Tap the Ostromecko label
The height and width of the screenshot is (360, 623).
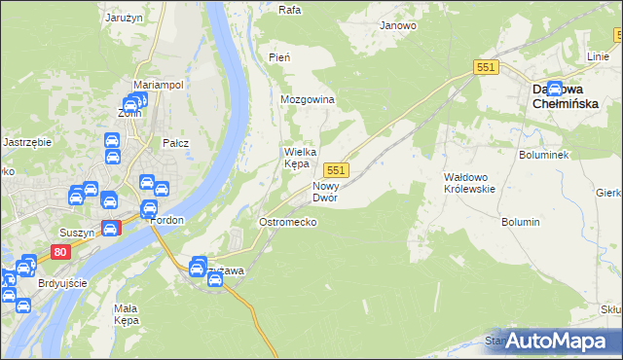tap(286, 223)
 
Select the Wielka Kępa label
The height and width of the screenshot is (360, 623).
tap(297, 158)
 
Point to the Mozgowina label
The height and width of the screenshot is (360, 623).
tap(308, 100)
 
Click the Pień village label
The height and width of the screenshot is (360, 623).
tap(279, 58)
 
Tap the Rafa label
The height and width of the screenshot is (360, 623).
tap(289, 10)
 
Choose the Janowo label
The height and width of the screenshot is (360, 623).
tap(398, 26)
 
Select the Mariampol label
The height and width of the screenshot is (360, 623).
tap(158, 86)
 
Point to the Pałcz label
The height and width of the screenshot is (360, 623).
tap(175, 143)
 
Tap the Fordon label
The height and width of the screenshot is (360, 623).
tap(168, 220)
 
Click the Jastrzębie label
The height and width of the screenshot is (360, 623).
tap(27, 142)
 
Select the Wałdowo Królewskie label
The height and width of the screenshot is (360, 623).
tap(470, 183)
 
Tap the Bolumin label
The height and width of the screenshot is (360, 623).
tap(521, 223)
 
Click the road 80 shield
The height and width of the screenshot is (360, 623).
tap(61, 252)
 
